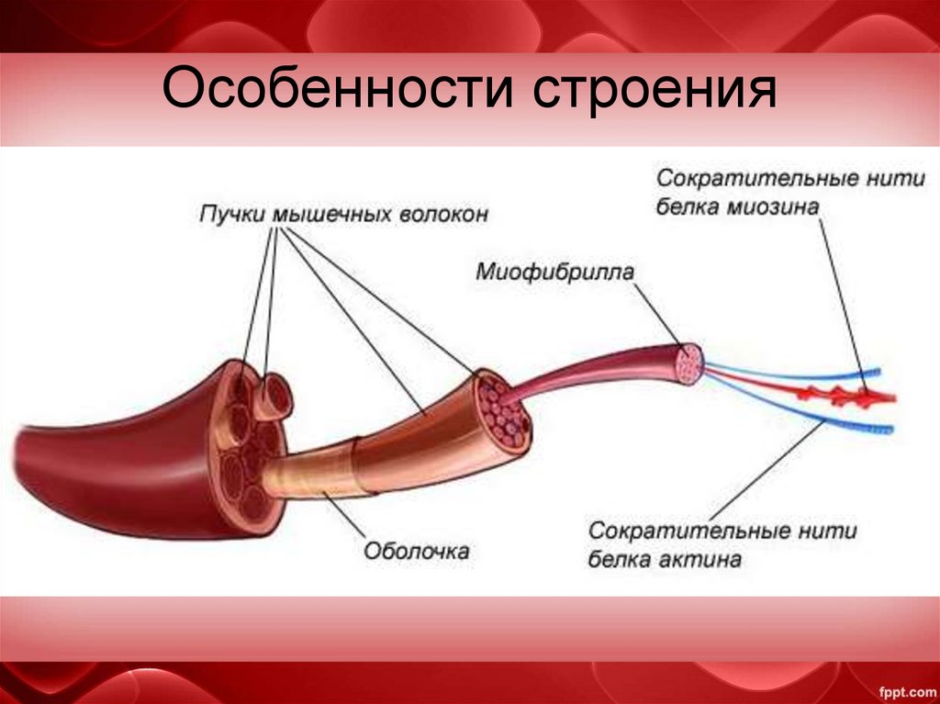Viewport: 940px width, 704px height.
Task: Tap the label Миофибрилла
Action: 555,273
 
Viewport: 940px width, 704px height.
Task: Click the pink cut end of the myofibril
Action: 688,363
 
